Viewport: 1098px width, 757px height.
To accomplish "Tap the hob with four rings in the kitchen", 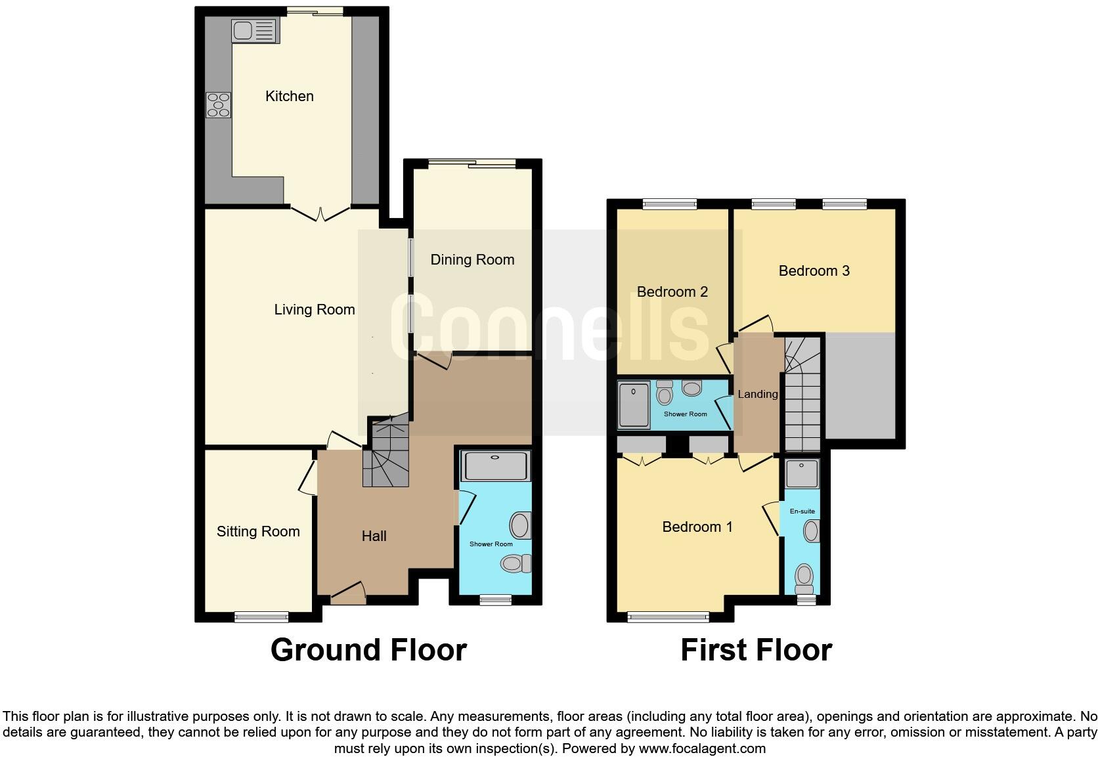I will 219,105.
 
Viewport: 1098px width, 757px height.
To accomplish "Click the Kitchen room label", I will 290,97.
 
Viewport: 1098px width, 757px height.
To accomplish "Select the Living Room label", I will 315,310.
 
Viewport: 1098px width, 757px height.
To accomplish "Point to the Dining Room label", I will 472,260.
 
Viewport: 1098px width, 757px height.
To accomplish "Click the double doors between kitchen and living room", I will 320,213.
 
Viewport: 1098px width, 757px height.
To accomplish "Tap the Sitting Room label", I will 258,532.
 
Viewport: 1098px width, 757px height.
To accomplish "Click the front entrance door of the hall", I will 348,593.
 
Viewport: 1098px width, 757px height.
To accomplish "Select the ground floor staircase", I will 386,453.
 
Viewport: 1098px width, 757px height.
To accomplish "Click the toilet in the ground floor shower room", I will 516,563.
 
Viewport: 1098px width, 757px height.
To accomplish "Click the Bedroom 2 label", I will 672,292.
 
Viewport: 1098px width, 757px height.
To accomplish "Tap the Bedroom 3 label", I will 814,271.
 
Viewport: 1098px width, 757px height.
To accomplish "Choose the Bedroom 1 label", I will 697,527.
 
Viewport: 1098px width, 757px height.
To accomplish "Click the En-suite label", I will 802,511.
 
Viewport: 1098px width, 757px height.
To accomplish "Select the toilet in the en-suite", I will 804,578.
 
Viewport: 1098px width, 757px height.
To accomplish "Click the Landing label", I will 757,395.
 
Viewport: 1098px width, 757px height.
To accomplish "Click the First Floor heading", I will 756,650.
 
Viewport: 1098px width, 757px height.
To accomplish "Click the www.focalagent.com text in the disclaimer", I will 701,748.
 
